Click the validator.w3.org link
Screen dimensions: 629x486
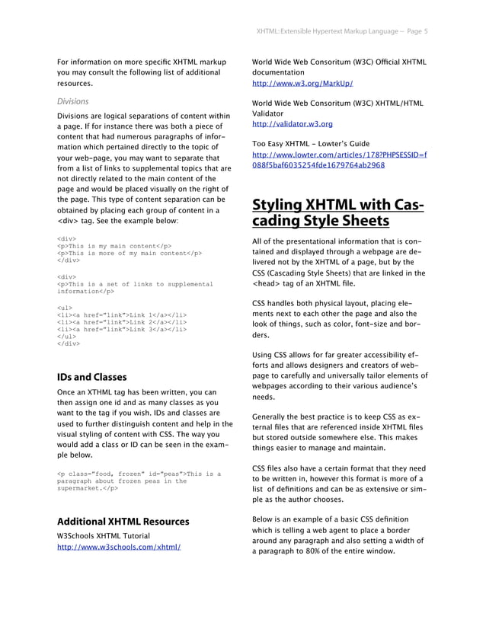point(292,123)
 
